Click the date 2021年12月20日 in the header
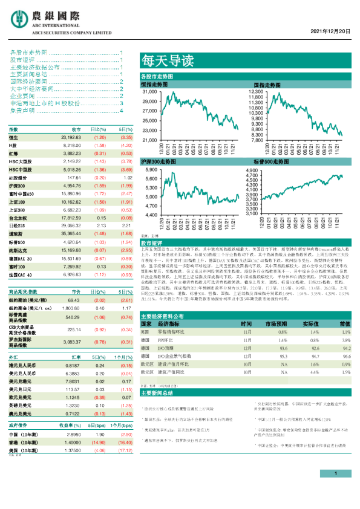[x=331, y=30]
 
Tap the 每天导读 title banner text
[x=159, y=60]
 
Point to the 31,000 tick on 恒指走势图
[x=149, y=91]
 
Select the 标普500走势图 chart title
[x=269, y=163]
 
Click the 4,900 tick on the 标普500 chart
[x=254, y=171]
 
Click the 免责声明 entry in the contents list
[x=24, y=111]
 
